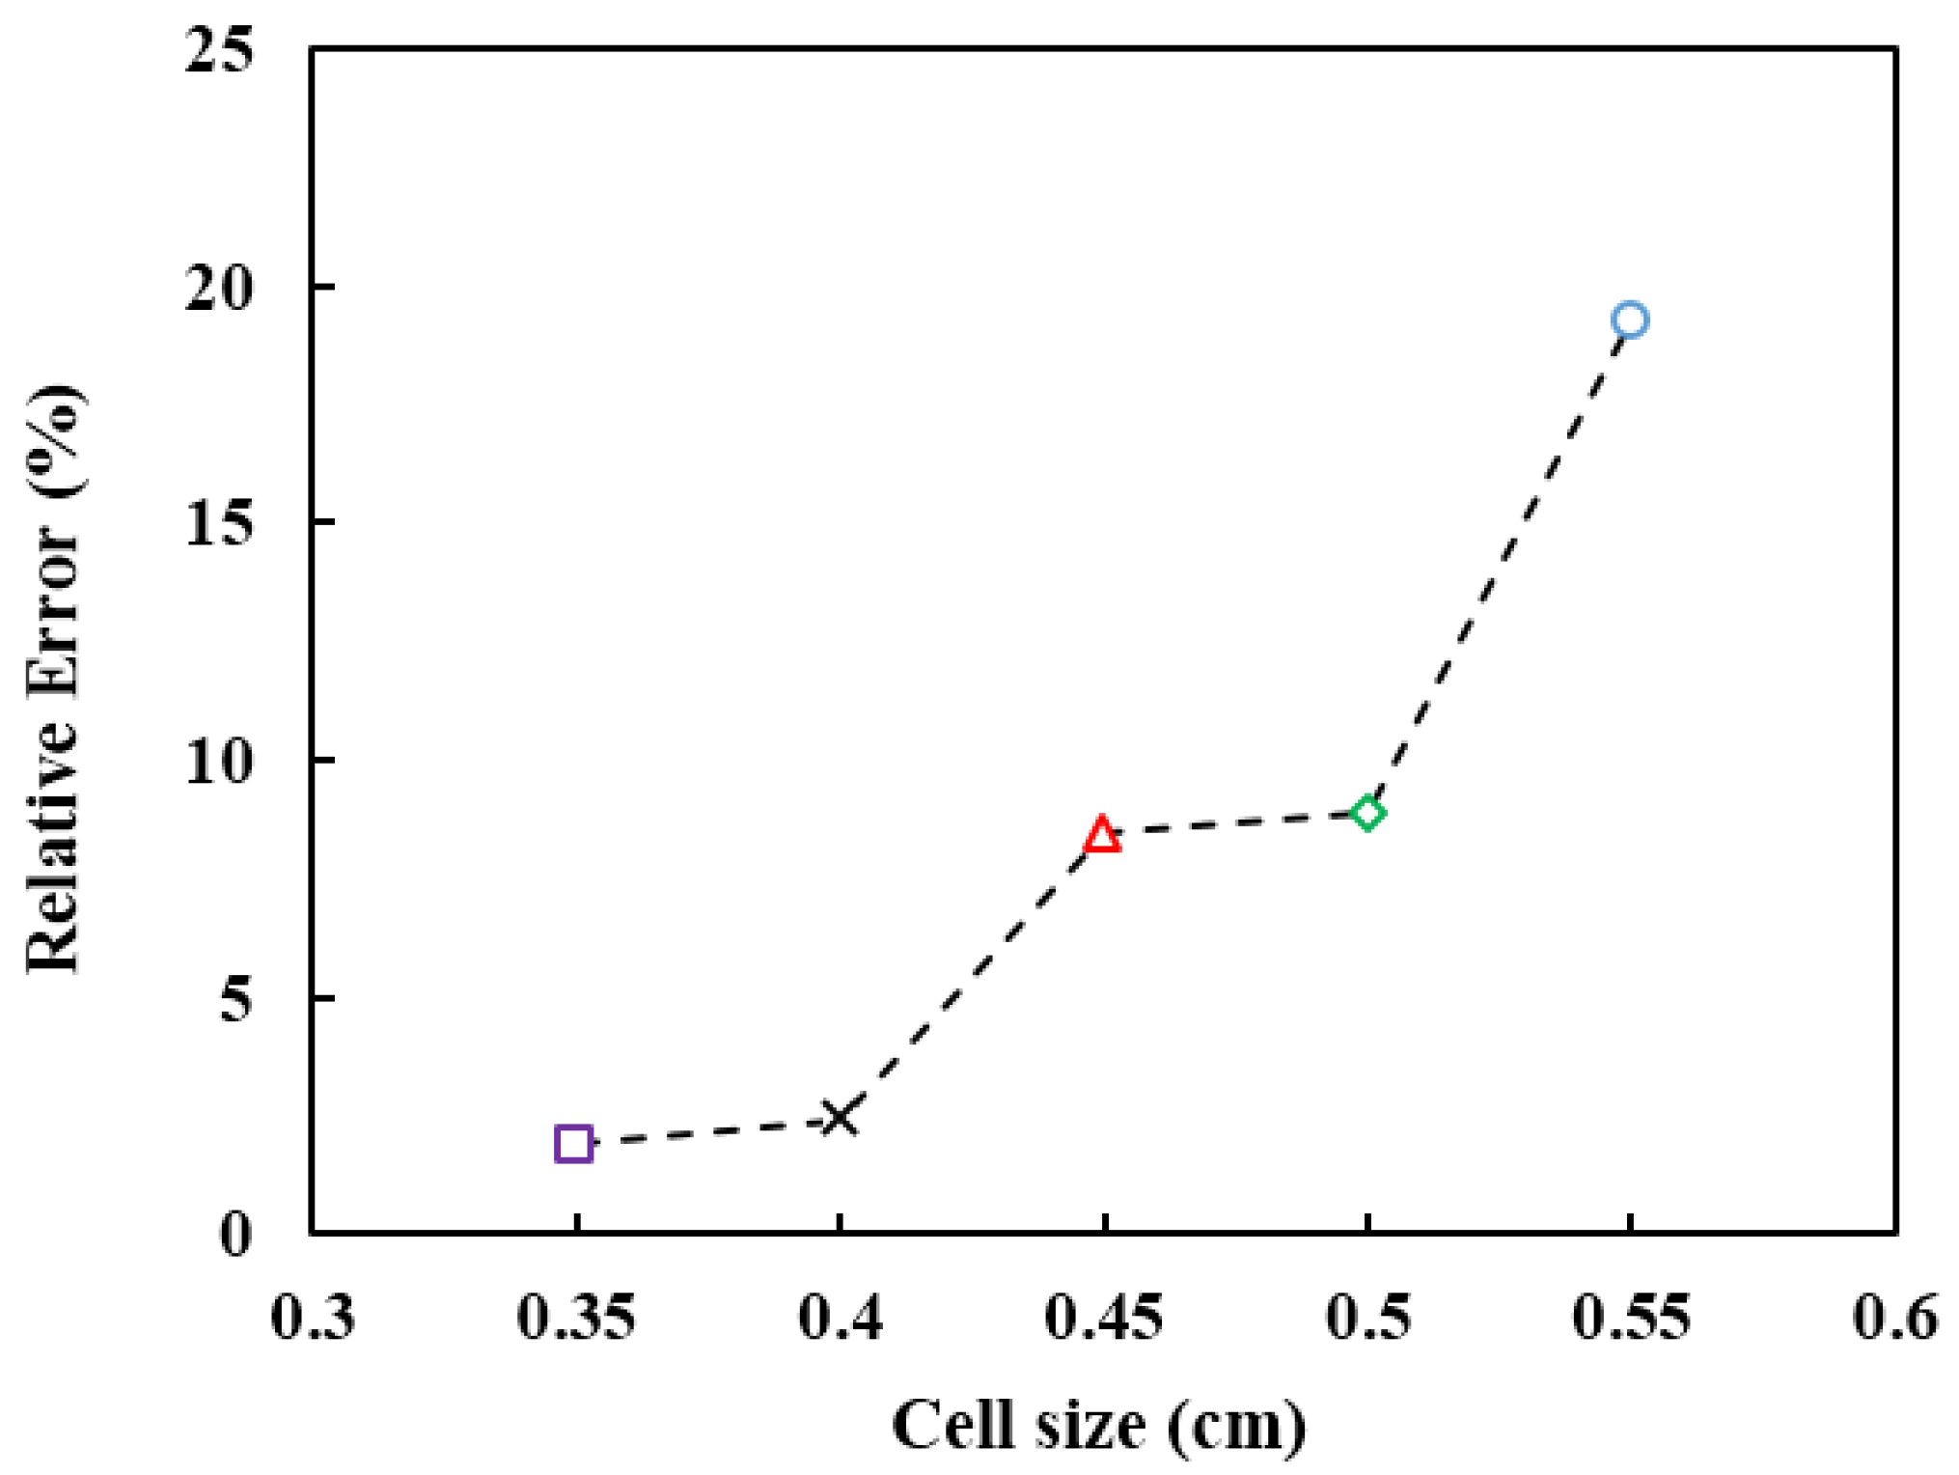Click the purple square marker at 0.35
pos(573,1144)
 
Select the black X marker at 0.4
pos(840,1119)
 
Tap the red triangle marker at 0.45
pos(1102,834)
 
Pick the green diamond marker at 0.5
pos(1367,813)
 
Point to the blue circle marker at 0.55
pos(1630,320)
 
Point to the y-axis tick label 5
pos(236,999)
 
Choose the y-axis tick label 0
pos(236,1235)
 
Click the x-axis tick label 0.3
pos(314,1317)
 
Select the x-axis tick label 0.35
pos(576,1317)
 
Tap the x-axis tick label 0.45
pos(1104,1317)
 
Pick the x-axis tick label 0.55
pos(1631,1317)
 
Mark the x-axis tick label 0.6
pos(1894,1317)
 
